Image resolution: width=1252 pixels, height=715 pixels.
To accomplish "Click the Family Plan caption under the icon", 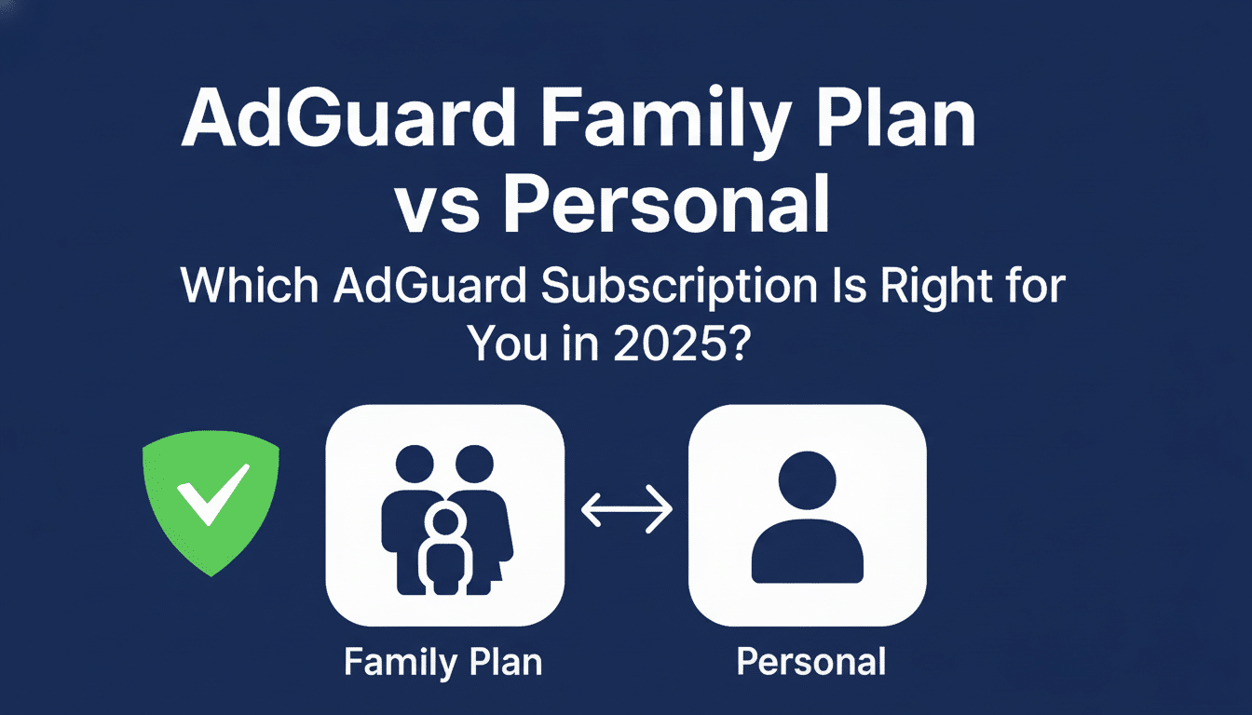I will [x=443, y=662].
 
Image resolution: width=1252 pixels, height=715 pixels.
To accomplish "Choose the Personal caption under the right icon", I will [x=810, y=662].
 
